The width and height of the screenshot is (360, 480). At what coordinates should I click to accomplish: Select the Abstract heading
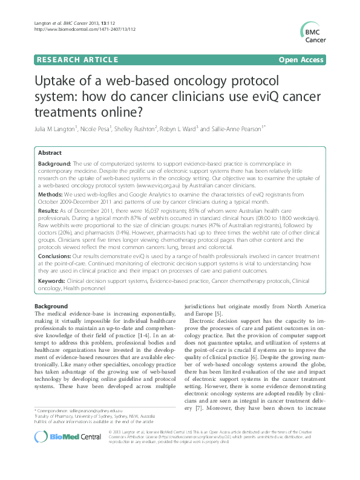pyautogui.click(x=50, y=154)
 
